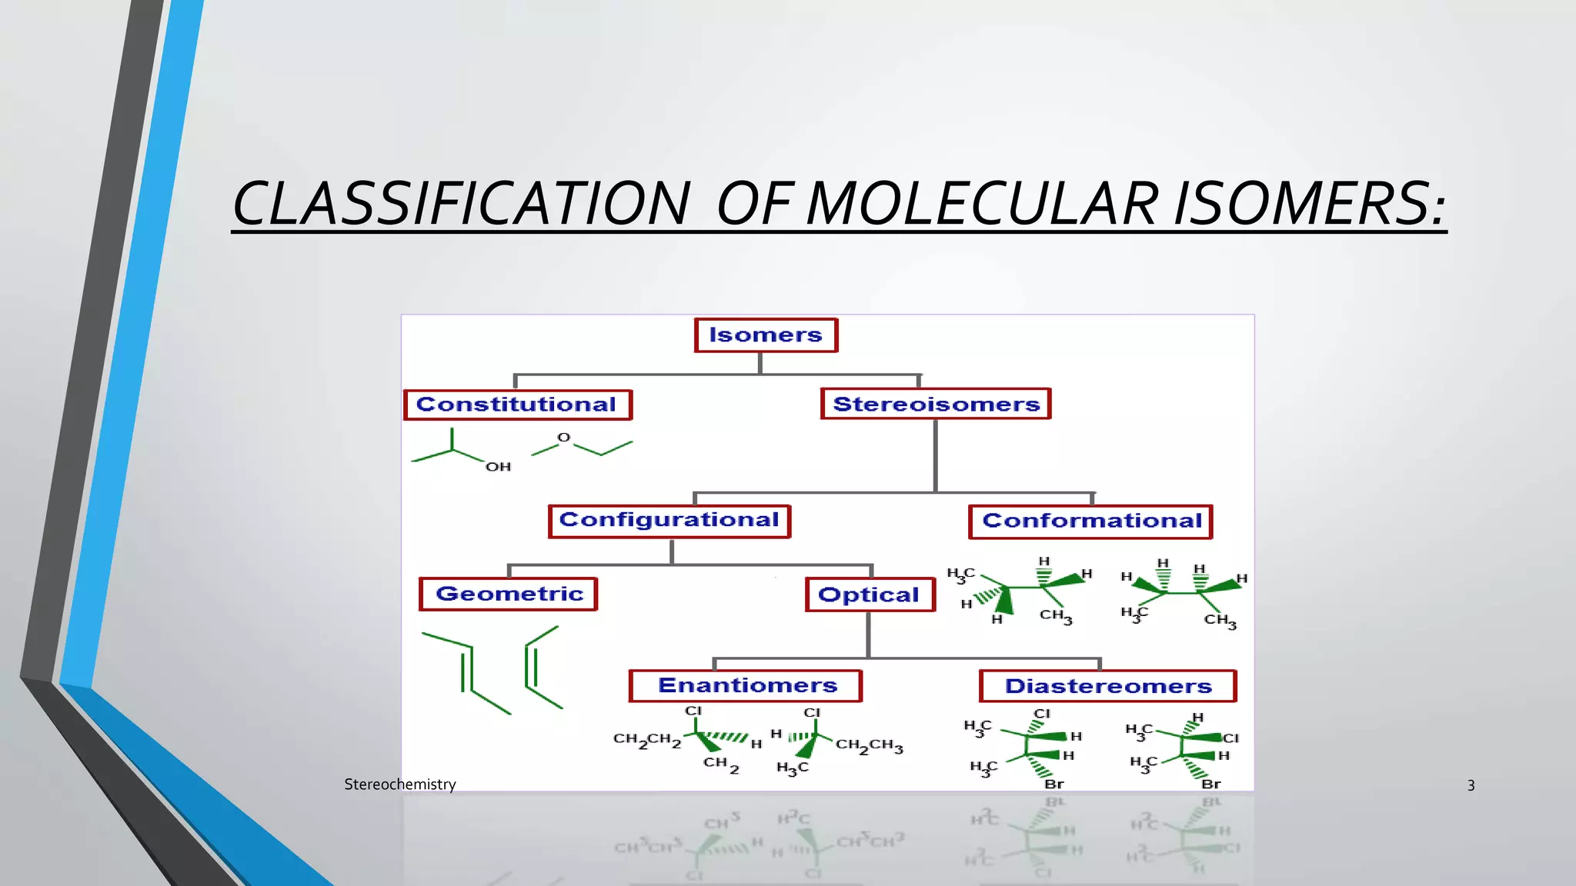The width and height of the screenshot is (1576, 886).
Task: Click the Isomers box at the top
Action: pos(766,335)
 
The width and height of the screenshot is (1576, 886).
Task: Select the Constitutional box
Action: pos(517,405)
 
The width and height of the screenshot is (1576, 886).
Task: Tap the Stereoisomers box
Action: pos(936,404)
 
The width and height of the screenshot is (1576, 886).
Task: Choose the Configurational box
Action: pos(669,521)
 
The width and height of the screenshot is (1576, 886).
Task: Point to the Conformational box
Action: pos(1090,521)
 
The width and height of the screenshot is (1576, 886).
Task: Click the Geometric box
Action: pos(509,594)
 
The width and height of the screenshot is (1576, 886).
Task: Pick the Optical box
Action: pos(870,595)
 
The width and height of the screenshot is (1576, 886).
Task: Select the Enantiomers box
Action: pos(746,685)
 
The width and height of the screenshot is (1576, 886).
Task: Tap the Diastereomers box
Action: pos(1107,686)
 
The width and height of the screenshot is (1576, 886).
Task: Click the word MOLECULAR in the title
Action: pos(982,205)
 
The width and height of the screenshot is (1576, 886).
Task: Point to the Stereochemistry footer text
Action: pos(399,784)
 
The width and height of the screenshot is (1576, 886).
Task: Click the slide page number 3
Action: pos(1471,785)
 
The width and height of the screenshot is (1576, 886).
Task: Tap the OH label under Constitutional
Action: pos(498,467)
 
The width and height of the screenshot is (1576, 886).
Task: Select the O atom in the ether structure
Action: pos(563,438)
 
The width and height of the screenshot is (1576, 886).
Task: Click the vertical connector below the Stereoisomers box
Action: pos(935,455)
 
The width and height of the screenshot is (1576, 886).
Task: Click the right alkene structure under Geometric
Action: pos(542,667)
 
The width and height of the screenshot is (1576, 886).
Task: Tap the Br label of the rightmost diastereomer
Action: pos(1210,784)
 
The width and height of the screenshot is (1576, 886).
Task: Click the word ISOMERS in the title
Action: pos(1308,205)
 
